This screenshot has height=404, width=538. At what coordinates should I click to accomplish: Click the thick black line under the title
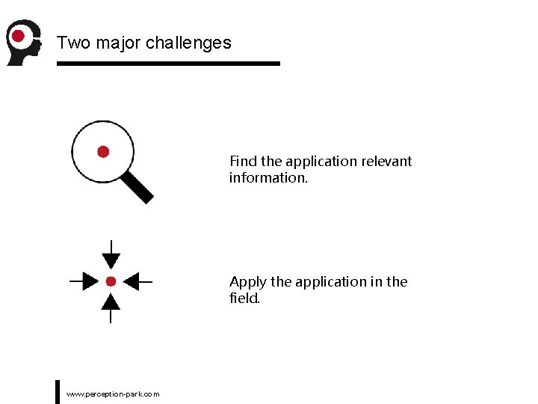168,64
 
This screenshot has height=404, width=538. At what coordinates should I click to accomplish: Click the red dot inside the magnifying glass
103,152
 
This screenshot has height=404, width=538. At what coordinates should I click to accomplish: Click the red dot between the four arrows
111,281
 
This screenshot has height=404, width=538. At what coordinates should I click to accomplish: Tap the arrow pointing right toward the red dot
85,281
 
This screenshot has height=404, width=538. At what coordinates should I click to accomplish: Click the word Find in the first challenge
244,162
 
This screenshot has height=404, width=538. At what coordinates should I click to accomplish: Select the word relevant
386,162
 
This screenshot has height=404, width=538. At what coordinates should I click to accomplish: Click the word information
268,178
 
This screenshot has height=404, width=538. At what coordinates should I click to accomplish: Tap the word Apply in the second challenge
247,282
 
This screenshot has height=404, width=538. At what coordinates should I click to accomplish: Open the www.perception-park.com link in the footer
113,394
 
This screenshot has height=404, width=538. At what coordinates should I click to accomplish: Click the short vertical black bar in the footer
58,391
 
